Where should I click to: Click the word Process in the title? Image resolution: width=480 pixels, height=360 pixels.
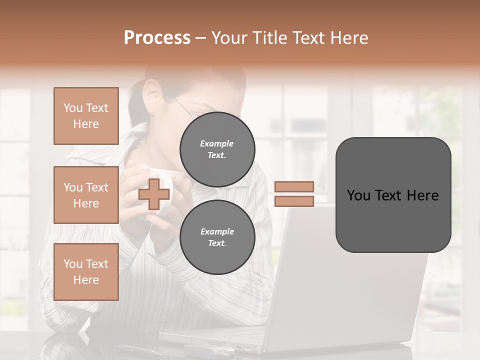(157, 38)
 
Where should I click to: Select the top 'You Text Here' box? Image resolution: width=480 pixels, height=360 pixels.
(86, 116)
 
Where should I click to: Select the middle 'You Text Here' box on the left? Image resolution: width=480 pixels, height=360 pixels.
(86, 195)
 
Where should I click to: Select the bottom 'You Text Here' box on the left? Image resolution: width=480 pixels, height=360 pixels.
(86, 272)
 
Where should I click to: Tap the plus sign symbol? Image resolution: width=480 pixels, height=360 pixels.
(153, 194)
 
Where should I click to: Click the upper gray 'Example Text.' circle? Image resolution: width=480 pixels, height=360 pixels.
(217, 149)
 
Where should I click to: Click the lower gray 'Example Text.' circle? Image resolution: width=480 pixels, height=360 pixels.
(217, 237)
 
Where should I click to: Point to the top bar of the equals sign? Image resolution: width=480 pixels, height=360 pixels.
(294, 186)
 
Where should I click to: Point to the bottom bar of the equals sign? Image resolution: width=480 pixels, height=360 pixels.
(294, 201)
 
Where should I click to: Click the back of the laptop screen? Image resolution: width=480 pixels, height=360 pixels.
(350, 280)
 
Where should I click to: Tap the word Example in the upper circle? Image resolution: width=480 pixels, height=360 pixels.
(217, 143)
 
